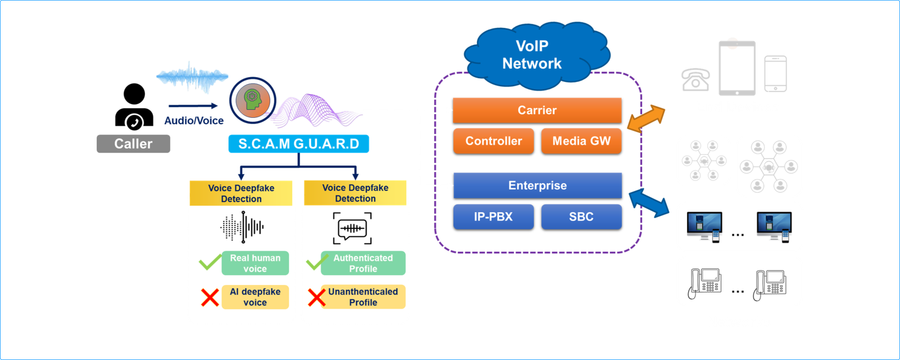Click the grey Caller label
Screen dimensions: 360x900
click(133, 144)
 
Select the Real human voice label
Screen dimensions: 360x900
click(255, 263)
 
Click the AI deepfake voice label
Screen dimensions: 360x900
click(255, 297)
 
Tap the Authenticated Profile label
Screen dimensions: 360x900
click(363, 263)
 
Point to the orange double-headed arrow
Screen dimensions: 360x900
click(646, 119)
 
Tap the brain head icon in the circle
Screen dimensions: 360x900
click(253, 100)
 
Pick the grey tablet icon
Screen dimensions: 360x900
click(737, 68)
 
